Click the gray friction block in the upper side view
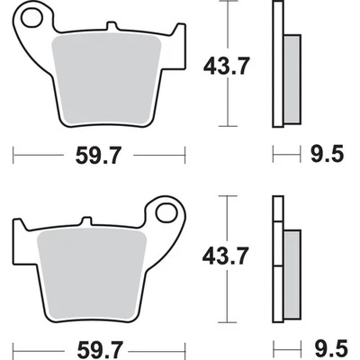click(292, 80)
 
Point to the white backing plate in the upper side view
click(279, 63)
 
